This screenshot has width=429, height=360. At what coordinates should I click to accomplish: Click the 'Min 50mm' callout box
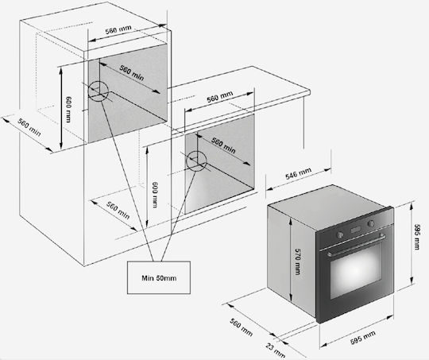click(159, 277)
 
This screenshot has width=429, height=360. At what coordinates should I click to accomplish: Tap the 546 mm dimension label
click(298, 173)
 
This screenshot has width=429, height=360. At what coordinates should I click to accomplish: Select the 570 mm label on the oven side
click(298, 261)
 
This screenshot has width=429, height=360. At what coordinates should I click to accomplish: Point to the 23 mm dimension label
click(275, 350)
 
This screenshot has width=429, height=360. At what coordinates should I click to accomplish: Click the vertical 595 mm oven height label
click(417, 237)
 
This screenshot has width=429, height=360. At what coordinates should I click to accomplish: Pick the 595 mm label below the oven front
click(363, 337)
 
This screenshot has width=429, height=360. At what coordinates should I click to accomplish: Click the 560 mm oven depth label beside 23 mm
click(241, 327)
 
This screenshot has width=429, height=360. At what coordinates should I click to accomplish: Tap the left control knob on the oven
click(340, 234)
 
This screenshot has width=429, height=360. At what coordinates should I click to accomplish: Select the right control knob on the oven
click(371, 223)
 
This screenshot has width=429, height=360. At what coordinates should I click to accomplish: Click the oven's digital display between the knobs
click(356, 230)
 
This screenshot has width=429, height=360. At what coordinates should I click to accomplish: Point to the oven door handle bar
click(356, 245)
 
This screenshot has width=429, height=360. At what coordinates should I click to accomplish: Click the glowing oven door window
click(356, 269)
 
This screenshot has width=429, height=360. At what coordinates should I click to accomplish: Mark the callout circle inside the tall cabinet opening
click(99, 81)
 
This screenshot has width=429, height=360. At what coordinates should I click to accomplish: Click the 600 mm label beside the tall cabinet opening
click(68, 109)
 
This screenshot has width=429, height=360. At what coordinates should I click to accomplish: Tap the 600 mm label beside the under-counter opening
click(155, 195)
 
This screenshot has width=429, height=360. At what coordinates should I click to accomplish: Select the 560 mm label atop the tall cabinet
click(118, 29)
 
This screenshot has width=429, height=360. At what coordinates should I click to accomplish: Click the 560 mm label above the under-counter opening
click(220, 97)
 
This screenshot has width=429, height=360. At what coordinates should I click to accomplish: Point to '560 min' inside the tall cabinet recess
click(132, 72)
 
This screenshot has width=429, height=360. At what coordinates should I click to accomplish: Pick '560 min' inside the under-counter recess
click(223, 145)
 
